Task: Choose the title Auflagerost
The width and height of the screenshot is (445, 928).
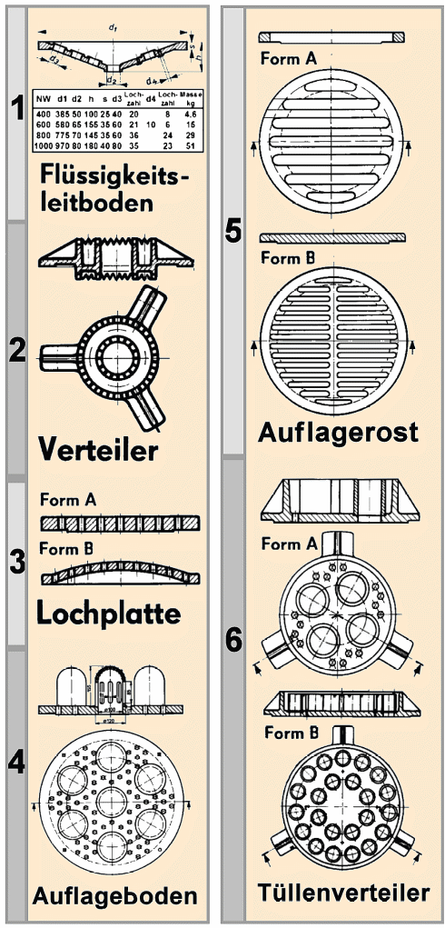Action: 338,430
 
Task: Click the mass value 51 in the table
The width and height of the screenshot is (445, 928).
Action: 192,146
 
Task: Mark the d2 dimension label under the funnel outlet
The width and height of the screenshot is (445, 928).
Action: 112,80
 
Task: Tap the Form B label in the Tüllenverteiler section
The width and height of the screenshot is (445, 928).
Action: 287,732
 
